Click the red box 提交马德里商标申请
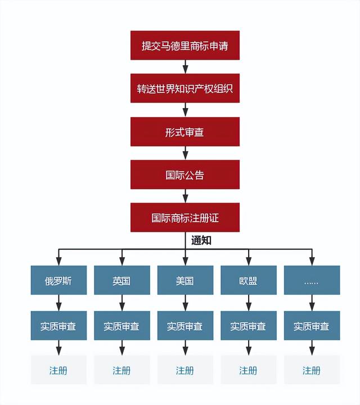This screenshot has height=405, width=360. [x=185, y=45]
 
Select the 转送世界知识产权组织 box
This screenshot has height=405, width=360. [x=185, y=88]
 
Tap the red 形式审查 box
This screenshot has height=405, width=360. [x=185, y=132]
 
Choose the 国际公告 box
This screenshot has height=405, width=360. [x=185, y=174]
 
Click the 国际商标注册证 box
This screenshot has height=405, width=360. [x=185, y=218]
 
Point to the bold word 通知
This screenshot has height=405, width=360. [x=201, y=240]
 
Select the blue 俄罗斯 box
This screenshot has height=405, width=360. [x=58, y=280]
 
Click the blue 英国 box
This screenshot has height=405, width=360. [x=121, y=280]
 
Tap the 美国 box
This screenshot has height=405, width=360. [x=185, y=280]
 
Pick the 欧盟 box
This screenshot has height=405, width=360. [x=248, y=280]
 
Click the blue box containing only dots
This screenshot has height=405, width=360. [x=312, y=280]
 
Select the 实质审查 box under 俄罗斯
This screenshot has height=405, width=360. [x=58, y=326]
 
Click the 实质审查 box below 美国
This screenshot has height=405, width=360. [x=185, y=326]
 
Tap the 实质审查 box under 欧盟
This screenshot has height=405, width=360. [x=248, y=326]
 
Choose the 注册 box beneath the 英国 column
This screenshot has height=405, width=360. [x=121, y=370]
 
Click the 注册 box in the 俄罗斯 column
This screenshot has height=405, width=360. [x=58, y=370]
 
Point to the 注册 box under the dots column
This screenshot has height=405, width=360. [x=312, y=370]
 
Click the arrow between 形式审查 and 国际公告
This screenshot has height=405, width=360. [x=185, y=153]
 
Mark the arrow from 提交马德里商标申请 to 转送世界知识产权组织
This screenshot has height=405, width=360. [x=185, y=67]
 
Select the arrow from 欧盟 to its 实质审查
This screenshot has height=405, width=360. [x=248, y=303]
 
